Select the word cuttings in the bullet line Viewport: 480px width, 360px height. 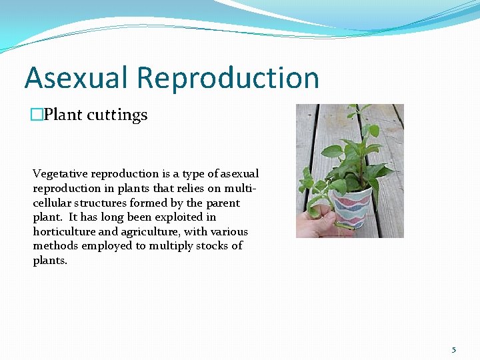point(120,115)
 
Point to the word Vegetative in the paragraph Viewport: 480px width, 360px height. point(60,174)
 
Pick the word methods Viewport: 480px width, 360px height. point(53,246)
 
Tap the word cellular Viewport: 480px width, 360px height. point(53,203)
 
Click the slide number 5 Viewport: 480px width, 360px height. point(454,349)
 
